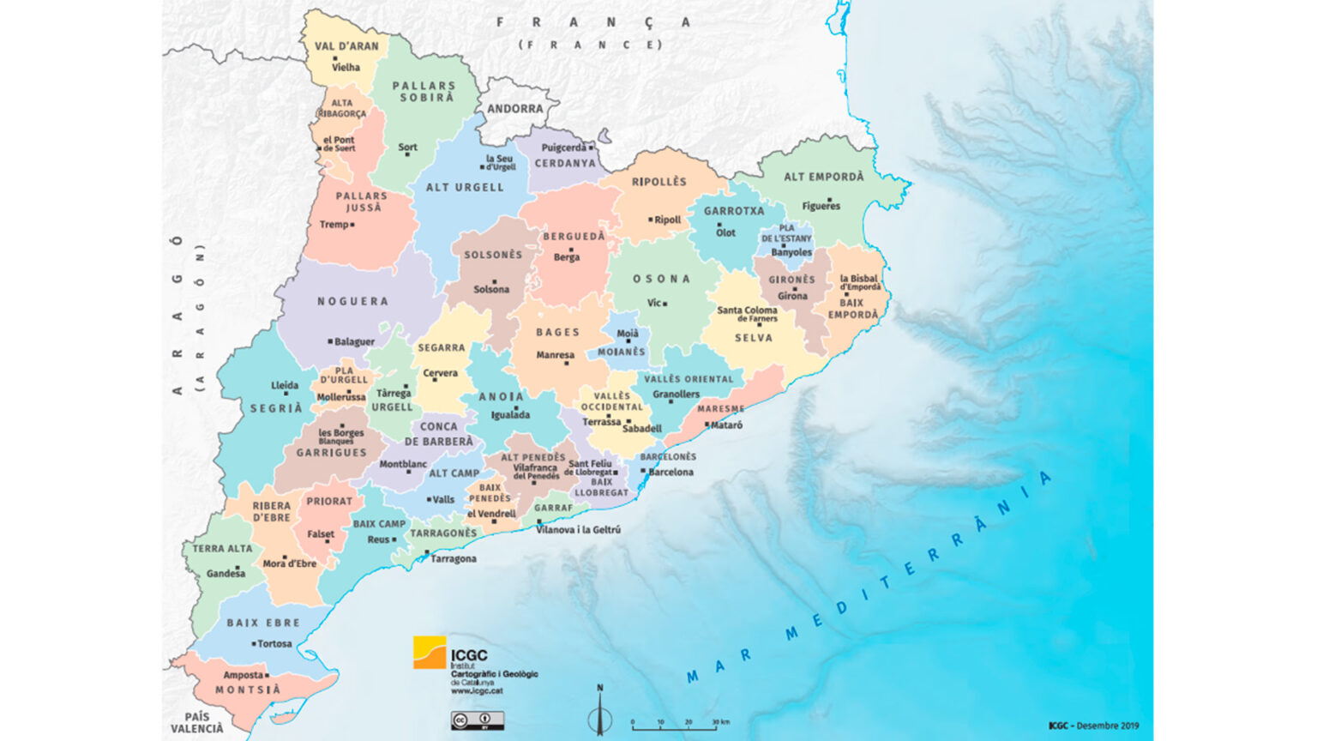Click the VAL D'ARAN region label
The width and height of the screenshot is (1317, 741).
point(346,46)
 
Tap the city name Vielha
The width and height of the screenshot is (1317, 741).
point(346,67)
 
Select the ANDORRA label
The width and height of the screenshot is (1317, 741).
point(515,109)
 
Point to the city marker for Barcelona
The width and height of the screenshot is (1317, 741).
point(643,471)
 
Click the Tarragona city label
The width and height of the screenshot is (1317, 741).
point(454,558)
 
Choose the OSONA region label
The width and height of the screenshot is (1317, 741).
point(661,279)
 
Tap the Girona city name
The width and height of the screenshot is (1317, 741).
point(792,296)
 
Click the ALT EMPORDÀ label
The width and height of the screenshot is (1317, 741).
point(824,177)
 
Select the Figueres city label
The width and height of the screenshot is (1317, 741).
point(821,206)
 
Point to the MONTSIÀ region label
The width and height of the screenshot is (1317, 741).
point(248,690)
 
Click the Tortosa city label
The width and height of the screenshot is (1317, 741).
point(274,643)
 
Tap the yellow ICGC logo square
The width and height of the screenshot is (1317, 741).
point(430,652)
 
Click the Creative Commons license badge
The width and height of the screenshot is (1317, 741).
point(478,720)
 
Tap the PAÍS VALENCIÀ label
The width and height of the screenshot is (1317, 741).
point(197,722)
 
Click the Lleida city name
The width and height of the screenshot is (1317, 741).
point(285,385)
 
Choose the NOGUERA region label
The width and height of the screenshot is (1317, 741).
point(352,301)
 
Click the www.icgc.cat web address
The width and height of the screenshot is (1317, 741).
point(477,690)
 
